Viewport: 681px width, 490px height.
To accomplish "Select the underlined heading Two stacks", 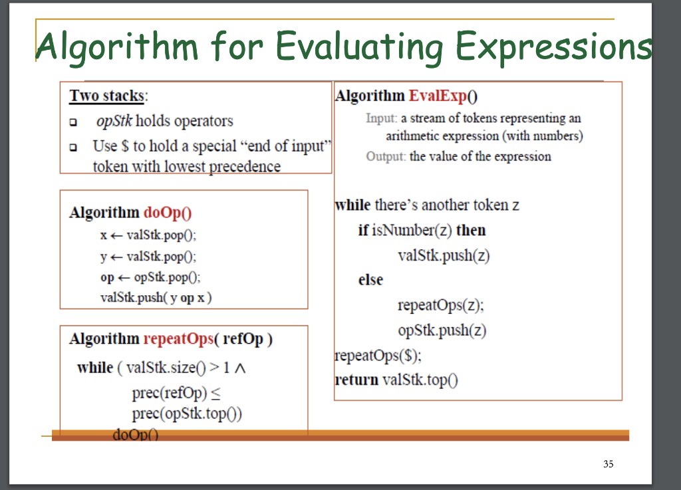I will [x=107, y=96].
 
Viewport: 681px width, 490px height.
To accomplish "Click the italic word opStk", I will [x=114, y=121].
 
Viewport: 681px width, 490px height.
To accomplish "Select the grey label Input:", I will [x=381, y=118].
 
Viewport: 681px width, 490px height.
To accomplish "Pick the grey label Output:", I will [x=386, y=157].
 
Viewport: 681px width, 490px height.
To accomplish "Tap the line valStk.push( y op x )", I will [x=156, y=297].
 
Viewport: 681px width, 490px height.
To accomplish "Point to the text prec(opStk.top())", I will [x=187, y=414].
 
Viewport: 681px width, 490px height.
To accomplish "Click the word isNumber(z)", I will [x=412, y=231].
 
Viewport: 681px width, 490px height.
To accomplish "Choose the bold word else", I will [x=370, y=280].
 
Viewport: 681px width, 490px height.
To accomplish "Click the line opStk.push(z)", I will [x=443, y=330].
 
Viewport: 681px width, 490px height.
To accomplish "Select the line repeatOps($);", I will [x=378, y=355].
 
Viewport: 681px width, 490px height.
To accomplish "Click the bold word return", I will [x=356, y=380].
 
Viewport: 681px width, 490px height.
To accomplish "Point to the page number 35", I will [x=608, y=464].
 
